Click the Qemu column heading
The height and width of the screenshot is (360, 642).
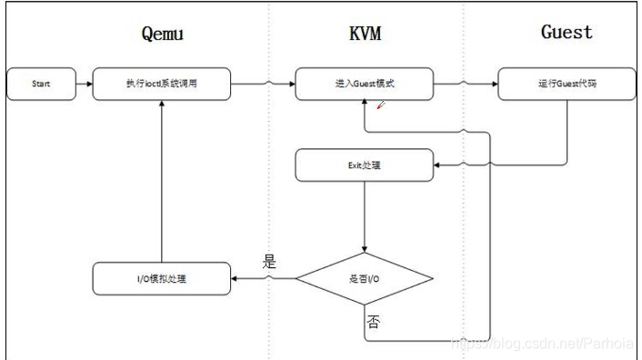162,34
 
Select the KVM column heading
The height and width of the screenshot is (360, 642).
364,34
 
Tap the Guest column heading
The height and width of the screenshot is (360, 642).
567,32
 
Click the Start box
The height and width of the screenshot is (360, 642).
41,85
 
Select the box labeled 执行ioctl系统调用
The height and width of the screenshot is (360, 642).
162,85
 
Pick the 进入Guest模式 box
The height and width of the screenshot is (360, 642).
364,85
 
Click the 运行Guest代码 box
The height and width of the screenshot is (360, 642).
567,85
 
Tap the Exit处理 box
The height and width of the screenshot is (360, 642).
364,165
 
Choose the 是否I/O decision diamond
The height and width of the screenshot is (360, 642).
364,277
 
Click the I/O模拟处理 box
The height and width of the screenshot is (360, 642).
162,277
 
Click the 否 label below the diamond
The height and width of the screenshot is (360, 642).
373,321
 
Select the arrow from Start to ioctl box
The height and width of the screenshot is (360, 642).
85,85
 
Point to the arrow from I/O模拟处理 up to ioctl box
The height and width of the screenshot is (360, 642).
162,182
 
